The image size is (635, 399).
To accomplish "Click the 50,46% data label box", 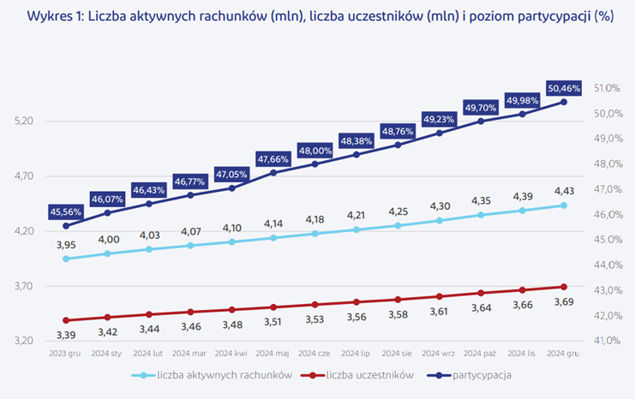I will pyautogui.click(x=564, y=87).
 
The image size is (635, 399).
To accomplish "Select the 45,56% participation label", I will pyautogui.click(x=66, y=211).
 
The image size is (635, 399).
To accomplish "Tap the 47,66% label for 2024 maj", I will pyautogui.click(x=273, y=158).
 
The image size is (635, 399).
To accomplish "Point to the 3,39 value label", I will pyautogui.click(x=66, y=334).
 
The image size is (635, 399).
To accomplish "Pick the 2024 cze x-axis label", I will pyautogui.click(x=315, y=352).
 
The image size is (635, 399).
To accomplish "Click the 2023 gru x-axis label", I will pyautogui.click(x=66, y=352).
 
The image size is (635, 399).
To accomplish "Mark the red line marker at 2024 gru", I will pyautogui.click(x=563, y=287).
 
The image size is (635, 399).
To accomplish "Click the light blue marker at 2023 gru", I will pyautogui.click(x=66, y=259).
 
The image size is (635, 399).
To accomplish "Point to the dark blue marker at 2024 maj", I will pyautogui.click(x=273, y=173).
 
